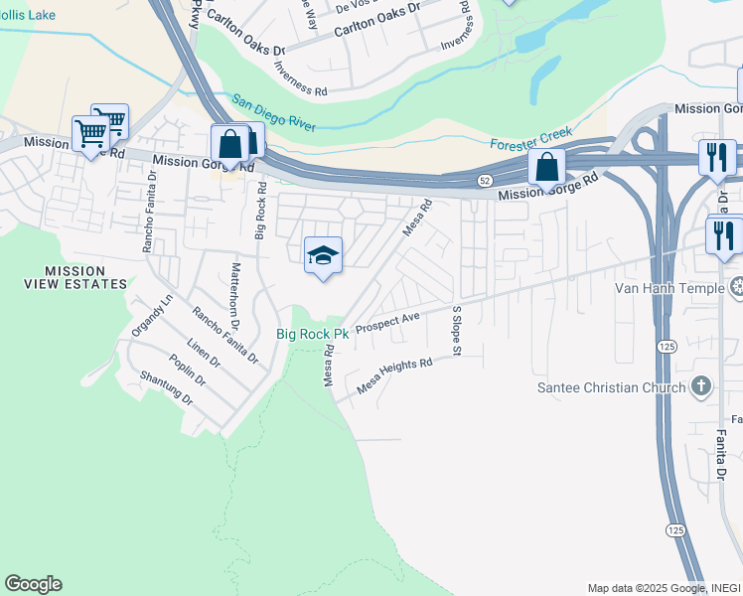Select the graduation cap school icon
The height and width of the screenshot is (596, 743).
323,255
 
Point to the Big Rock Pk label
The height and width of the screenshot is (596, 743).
312,336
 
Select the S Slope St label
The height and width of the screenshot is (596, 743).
457,331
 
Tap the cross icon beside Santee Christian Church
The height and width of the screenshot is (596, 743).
701,385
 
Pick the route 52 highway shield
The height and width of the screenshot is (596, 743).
482,180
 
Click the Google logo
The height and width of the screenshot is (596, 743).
33,584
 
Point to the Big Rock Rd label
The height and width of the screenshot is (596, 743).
261,211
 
